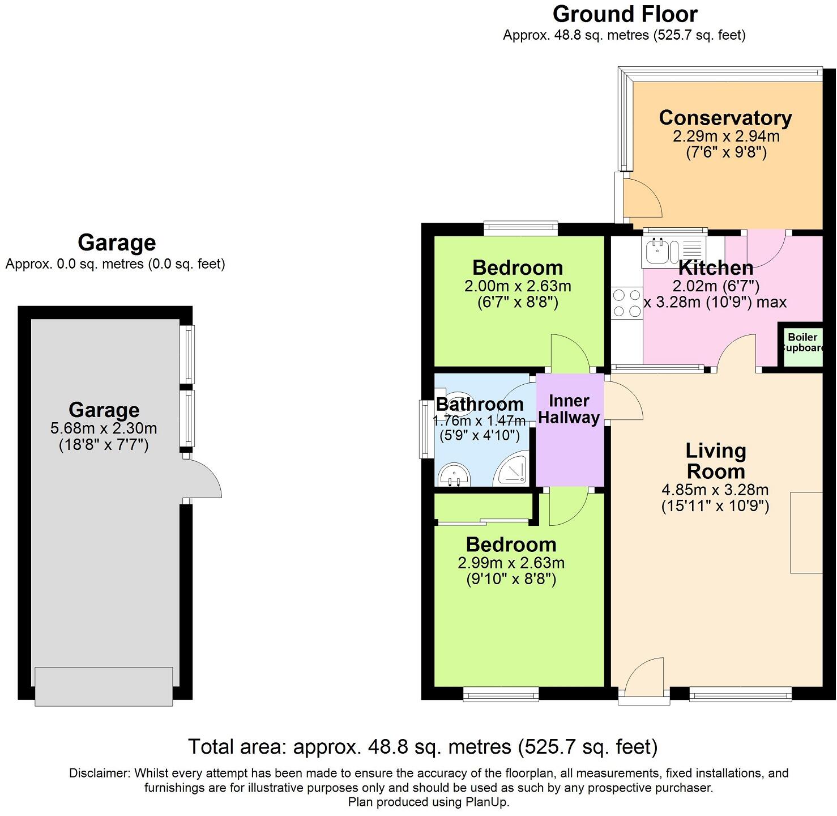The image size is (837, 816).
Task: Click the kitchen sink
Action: [x=673, y=251]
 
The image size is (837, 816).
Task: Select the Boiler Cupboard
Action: [x=802, y=345]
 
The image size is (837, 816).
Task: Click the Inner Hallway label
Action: [x=569, y=409]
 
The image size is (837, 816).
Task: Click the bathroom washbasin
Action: [x=454, y=475]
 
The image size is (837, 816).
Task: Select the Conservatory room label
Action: [x=725, y=117]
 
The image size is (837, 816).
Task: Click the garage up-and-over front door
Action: [x=104, y=686]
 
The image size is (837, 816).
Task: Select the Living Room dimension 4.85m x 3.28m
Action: [x=715, y=490]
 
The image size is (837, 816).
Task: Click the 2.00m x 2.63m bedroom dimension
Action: [x=518, y=286]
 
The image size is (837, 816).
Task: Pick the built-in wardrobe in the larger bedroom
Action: [x=483, y=507]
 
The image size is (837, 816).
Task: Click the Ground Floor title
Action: [x=625, y=14]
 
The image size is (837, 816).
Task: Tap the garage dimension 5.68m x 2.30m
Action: [x=103, y=428]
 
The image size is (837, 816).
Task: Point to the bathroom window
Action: [x=426, y=429]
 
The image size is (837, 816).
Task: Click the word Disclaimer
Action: [x=99, y=772]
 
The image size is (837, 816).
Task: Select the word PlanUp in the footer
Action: [x=486, y=802]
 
